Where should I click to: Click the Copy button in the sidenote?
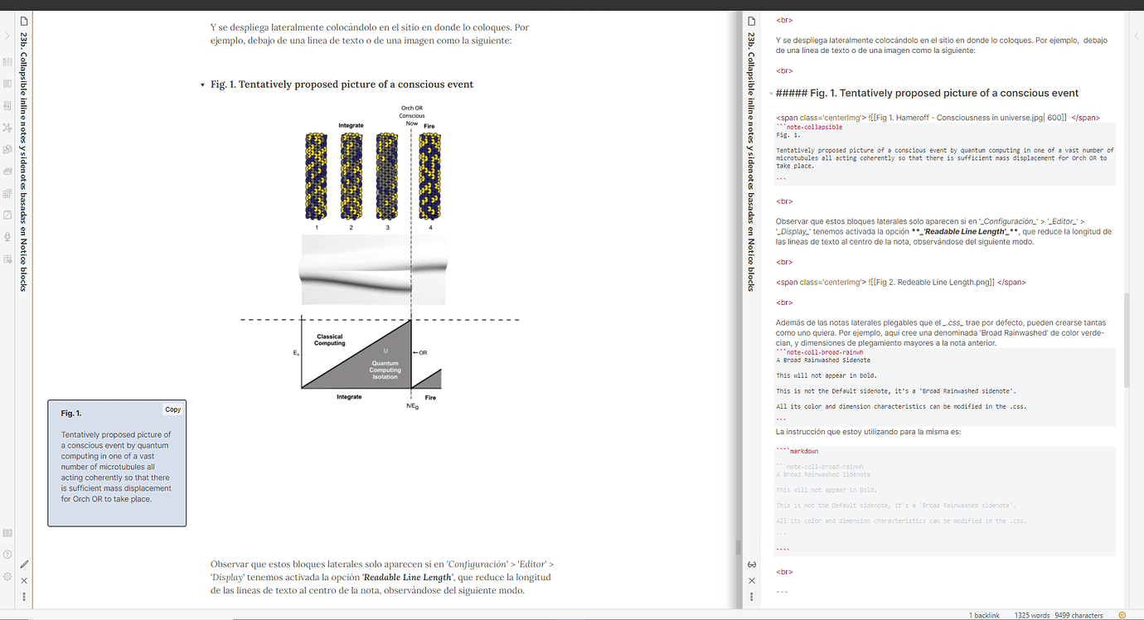172,409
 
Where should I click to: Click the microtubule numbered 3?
387,175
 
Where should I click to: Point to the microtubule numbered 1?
316,175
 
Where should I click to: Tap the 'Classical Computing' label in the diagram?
329,340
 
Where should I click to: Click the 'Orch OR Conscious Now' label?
412,115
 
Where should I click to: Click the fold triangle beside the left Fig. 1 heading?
202,85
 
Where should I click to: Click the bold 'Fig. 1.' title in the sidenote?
71,413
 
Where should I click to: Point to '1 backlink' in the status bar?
984,615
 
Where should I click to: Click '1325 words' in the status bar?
1029,615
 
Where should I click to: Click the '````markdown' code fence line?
797,452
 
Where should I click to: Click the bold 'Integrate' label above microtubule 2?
351,125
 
